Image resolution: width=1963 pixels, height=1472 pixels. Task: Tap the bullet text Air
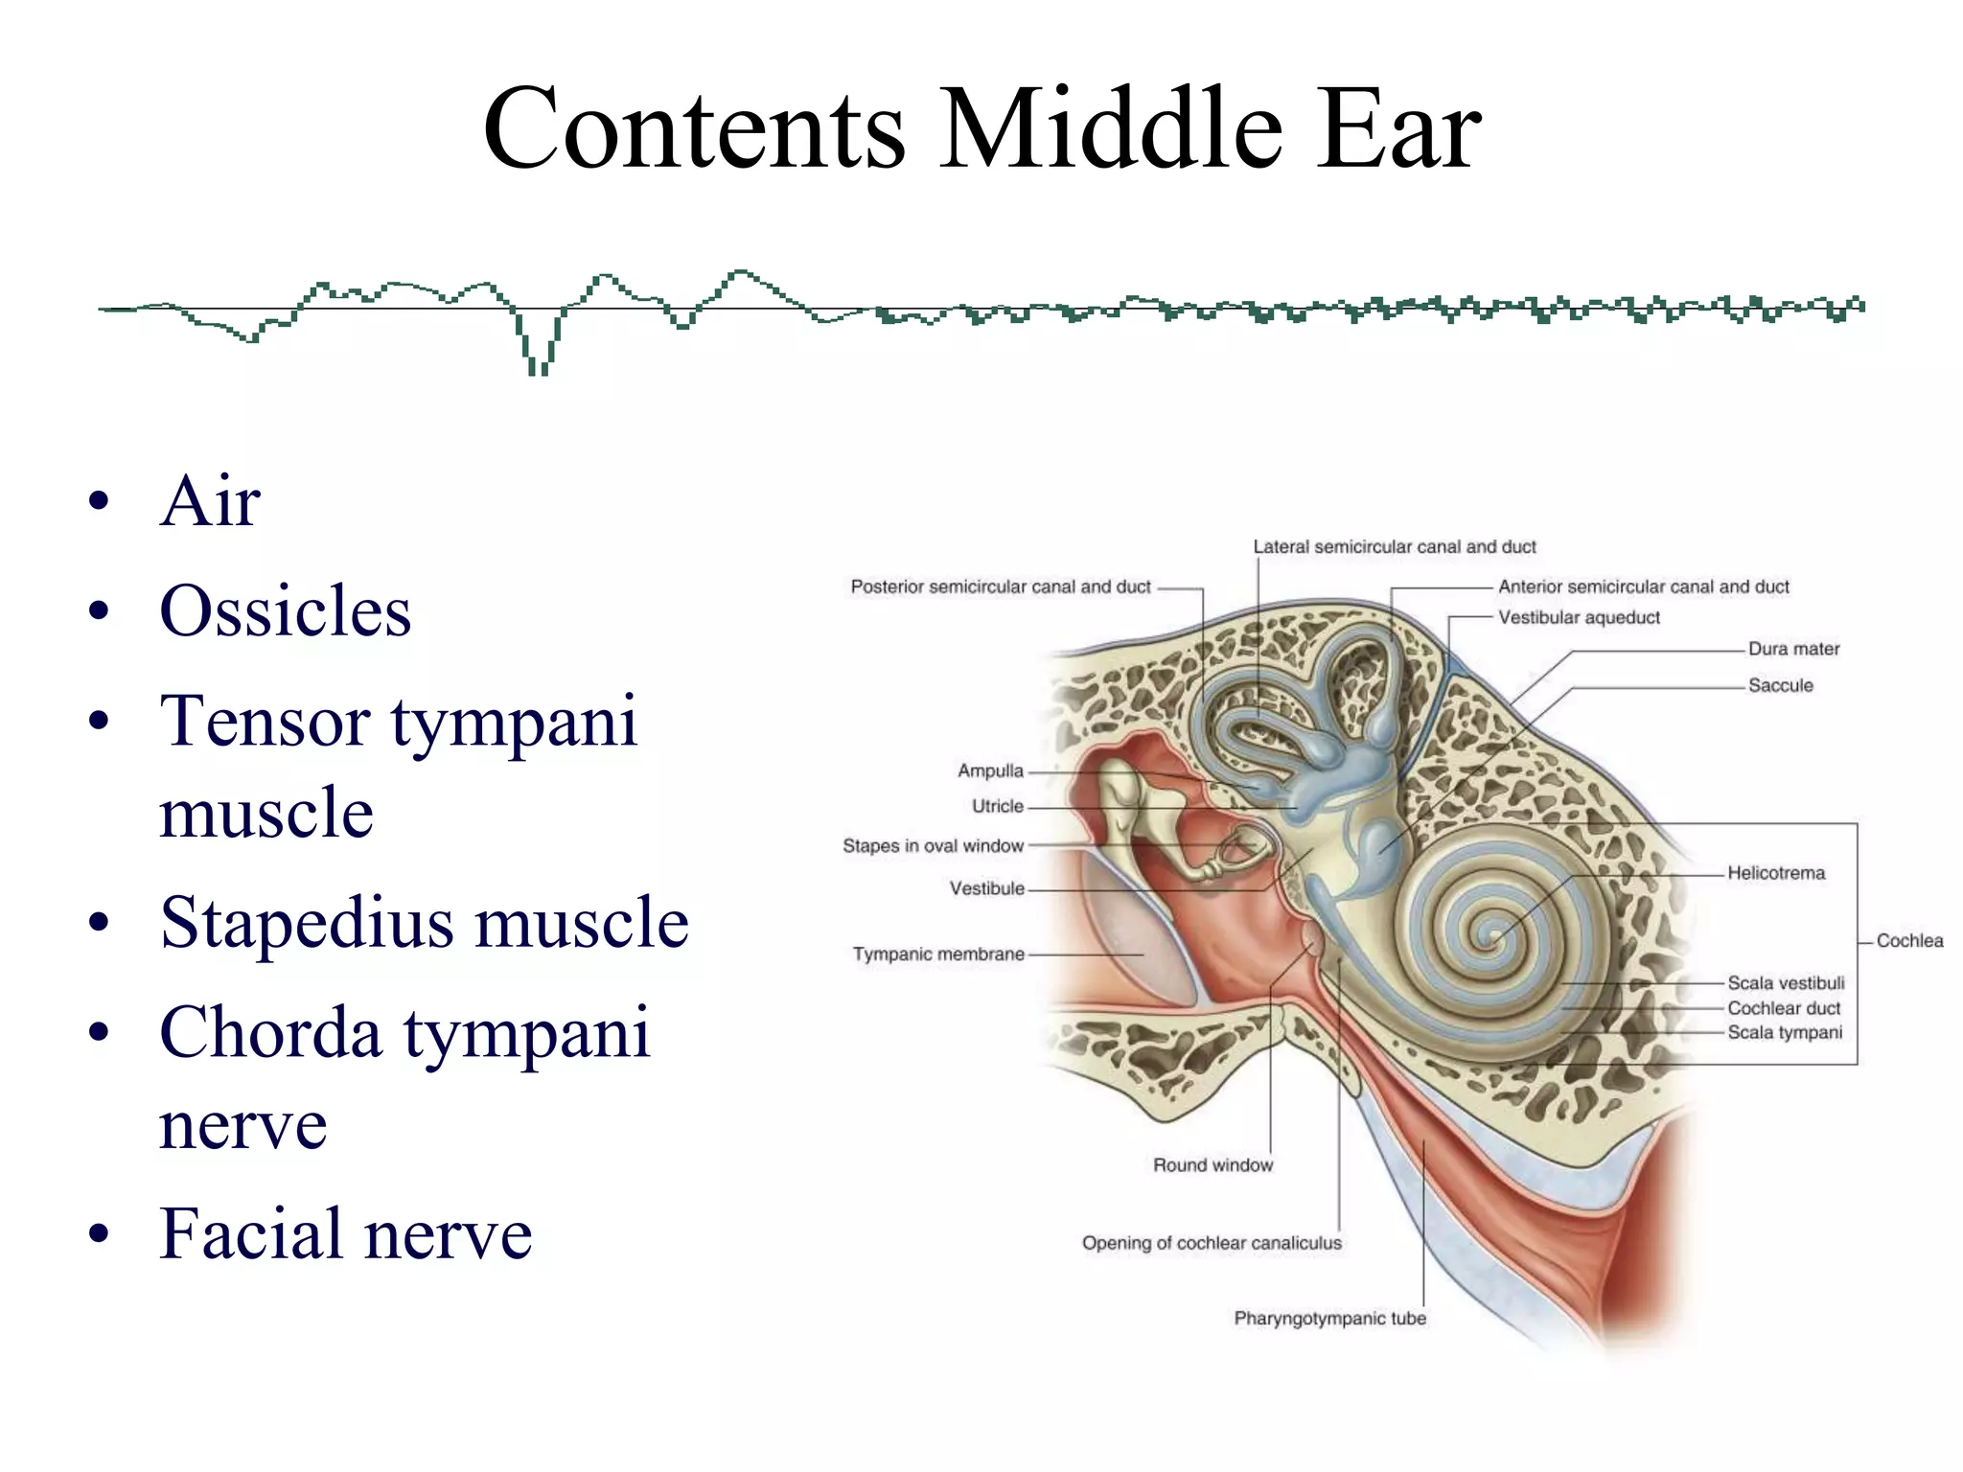[x=210, y=500]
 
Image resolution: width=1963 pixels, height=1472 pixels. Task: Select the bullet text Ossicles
[x=285, y=610]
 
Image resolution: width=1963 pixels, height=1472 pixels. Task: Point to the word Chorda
[x=270, y=1032]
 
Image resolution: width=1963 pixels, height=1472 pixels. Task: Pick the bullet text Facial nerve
[x=345, y=1233]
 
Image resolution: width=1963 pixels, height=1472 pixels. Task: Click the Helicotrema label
[x=1775, y=873]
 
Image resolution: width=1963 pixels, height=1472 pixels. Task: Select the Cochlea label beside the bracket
[x=1908, y=941]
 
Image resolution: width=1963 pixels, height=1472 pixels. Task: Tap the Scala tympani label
[x=1784, y=1032]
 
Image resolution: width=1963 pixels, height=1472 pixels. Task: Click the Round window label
[x=1212, y=1165]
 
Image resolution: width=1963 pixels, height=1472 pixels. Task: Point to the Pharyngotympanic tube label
[x=1329, y=1319]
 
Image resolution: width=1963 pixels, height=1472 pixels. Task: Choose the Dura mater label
[x=1793, y=649]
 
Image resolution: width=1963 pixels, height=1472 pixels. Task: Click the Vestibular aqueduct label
[x=1579, y=618]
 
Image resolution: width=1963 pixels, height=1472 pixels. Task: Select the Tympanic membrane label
[x=938, y=954]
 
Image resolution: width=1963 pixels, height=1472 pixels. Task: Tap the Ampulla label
[x=990, y=771]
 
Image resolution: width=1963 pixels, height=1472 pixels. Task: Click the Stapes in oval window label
[x=933, y=846]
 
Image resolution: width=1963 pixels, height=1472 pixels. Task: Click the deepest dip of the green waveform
[x=539, y=369]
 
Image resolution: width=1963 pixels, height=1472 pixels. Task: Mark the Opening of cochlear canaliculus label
[x=1212, y=1243]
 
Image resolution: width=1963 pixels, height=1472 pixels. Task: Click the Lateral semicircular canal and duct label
[x=1394, y=547]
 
